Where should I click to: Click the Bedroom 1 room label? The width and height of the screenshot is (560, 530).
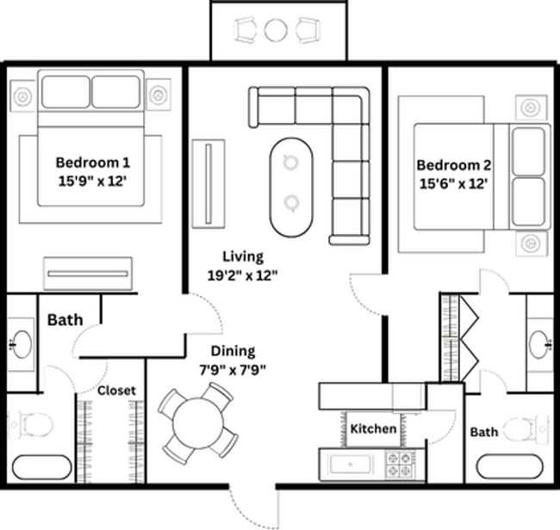coord(93,162)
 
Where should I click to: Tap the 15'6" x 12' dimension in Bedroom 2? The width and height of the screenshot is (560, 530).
coord(454,183)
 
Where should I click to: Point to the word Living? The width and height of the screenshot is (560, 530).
coord(242,256)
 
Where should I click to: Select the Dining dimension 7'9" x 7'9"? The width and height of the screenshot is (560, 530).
coord(233,370)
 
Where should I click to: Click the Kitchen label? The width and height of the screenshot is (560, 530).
coord(373,428)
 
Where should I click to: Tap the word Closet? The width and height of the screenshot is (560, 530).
coord(116,390)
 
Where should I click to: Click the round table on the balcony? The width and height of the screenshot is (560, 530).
coord(276,31)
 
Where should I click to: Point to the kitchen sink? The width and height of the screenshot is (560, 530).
coord(351,465)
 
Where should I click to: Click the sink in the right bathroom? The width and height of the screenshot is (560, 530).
coord(539,342)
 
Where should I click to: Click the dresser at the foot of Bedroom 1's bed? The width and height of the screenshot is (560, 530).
coord(89,274)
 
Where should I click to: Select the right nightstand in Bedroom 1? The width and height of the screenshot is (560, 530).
coord(159,94)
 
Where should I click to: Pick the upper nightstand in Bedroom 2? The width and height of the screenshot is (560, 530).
coord(528,108)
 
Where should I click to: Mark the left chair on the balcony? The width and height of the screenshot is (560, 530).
coord(246,31)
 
